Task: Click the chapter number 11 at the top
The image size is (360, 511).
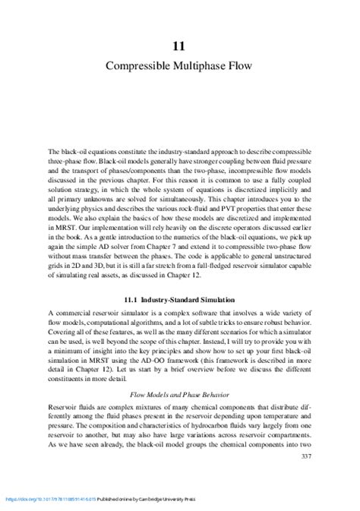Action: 180,46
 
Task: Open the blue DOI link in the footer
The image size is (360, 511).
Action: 46,499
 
